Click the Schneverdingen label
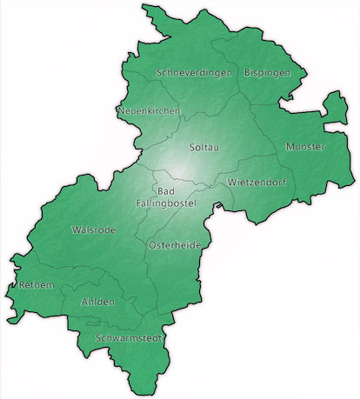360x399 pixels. coord(196,73)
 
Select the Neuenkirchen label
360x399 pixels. coord(149,111)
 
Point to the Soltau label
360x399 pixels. coord(204,148)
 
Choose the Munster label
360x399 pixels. coord(305,147)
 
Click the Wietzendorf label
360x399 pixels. coord(258,183)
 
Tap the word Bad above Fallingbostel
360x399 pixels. coord(165,191)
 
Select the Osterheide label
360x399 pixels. coord(176,246)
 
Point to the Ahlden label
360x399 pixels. coord(97,302)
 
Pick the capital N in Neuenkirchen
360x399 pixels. coord(121,111)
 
